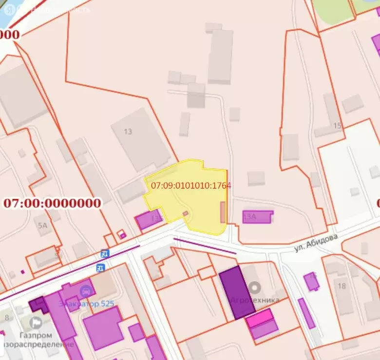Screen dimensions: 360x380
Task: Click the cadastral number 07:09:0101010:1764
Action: click(191, 186)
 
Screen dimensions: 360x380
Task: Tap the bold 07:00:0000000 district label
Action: click(52, 203)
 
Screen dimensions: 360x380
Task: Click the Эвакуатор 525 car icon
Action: click(87, 291)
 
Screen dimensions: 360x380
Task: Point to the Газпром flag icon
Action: click(36, 322)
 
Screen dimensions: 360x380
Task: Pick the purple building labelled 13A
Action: click(257, 217)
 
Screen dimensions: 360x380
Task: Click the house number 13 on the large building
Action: click(128, 132)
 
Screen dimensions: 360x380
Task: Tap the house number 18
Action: click(342, 285)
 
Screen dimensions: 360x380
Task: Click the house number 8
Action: click(7, 318)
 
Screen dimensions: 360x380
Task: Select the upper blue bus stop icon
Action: click(104, 253)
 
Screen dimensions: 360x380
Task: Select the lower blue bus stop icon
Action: click(100, 267)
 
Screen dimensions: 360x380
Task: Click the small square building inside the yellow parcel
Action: click(186, 214)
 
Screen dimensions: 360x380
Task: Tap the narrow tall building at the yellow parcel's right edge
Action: click(223, 212)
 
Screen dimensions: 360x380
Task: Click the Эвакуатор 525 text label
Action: click(87, 304)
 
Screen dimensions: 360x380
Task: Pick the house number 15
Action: click(337, 126)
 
